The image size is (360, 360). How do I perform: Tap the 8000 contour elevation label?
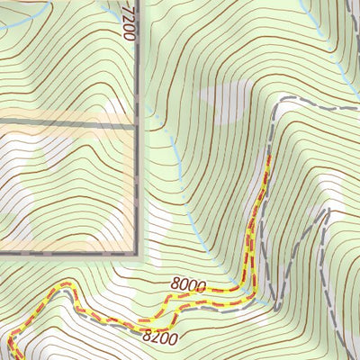186,286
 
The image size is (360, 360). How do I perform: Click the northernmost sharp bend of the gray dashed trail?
276,106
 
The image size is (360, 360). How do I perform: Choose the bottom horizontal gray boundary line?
67,256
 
